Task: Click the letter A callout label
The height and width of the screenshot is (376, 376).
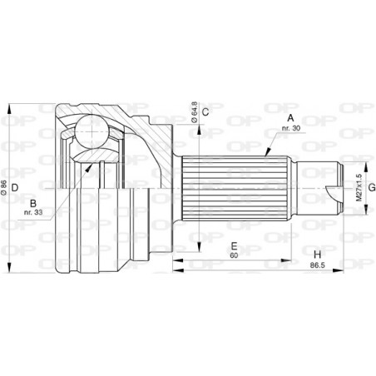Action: (292, 117)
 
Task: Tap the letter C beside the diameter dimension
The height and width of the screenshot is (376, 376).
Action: (205, 111)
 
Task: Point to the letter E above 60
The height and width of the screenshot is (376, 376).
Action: (235, 246)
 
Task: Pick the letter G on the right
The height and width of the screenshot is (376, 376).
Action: (371, 188)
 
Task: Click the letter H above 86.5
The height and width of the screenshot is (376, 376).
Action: (317, 253)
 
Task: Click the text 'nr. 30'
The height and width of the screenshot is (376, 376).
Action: (292, 129)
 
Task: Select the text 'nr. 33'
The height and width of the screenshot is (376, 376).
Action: (34, 215)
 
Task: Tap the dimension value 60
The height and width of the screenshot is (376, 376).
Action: (235, 257)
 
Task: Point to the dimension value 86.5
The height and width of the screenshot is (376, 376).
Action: (317, 265)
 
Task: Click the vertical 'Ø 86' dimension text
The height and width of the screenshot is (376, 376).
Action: (6, 189)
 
